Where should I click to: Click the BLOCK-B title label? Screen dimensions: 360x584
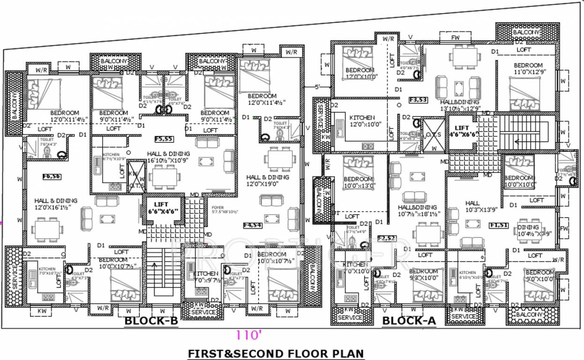tap(151, 321)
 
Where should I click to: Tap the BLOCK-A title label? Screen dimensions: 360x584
tap(409, 321)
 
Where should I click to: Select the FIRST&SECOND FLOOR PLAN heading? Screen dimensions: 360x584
tap(276, 353)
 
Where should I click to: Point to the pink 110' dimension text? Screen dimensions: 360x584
tap(248, 335)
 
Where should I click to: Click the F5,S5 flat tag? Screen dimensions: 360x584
tap(165, 139)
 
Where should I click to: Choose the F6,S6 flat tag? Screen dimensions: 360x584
tap(52, 177)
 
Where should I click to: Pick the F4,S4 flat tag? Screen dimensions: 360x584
tap(253, 225)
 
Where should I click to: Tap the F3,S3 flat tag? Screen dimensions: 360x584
tap(418, 100)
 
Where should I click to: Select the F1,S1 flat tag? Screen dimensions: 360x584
tap(499, 225)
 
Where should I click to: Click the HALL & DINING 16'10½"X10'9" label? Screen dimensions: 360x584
tap(168, 157)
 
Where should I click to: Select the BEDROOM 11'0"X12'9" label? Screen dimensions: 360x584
tap(528, 69)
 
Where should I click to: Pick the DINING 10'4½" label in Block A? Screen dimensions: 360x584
tap(528, 230)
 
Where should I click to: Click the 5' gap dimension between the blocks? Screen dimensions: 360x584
tap(317, 87)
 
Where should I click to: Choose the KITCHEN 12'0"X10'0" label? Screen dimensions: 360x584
tap(362, 121)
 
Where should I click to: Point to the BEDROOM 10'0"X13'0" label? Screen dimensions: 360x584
tap(358, 182)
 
